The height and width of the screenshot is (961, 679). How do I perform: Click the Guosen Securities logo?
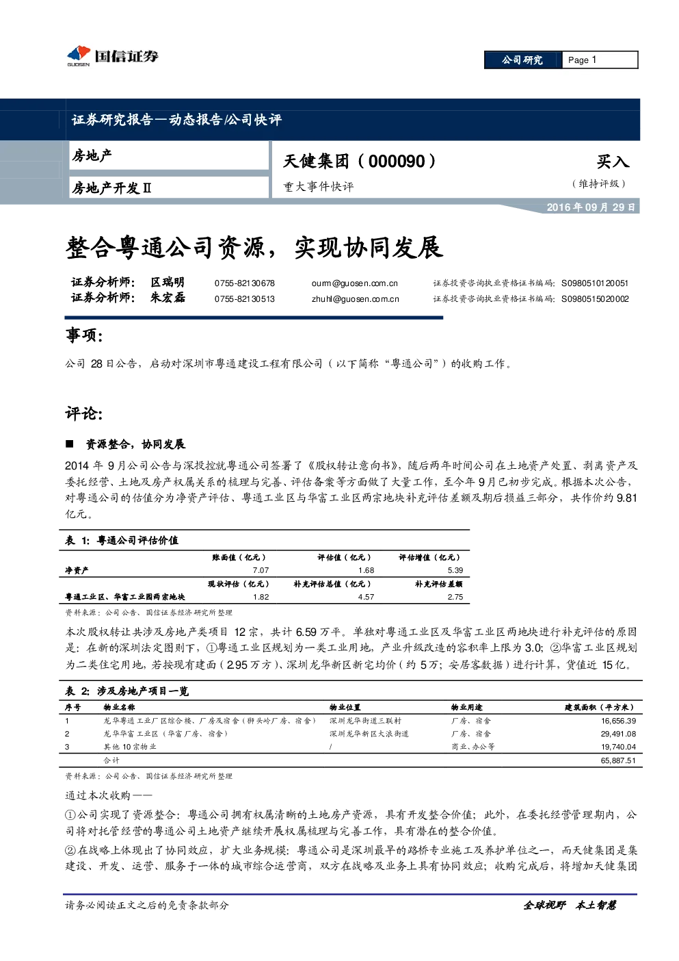113,55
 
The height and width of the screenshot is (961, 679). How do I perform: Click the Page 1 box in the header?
600,60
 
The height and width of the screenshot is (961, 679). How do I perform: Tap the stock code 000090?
397,162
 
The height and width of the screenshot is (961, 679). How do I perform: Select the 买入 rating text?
613,162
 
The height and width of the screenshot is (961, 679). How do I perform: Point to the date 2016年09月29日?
591,207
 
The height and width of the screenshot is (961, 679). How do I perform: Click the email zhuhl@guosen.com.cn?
356,299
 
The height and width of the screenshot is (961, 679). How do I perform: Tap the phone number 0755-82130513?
244,299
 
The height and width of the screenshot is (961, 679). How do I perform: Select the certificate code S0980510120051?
595,283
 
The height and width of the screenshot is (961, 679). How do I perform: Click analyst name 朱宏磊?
168,298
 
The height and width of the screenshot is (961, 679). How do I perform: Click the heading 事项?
84,335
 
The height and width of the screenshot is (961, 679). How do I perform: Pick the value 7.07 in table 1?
261,570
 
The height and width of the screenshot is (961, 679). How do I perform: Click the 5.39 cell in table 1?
455,570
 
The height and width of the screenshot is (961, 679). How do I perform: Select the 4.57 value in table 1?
366,597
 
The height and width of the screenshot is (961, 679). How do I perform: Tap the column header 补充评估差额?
438,584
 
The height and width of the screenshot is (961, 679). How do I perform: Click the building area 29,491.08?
618,734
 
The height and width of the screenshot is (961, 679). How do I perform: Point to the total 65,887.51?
618,760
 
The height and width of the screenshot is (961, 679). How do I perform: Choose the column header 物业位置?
345,708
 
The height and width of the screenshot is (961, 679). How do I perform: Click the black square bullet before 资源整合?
69,444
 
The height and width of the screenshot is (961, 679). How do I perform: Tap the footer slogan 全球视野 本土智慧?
570,906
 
